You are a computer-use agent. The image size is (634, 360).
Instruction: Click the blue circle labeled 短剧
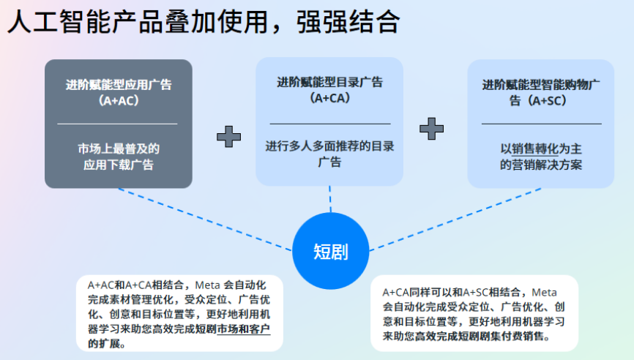click(x=330, y=252)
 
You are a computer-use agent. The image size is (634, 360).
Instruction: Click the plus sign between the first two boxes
click(x=229, y=136)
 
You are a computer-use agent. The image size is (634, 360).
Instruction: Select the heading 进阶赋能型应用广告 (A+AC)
click(x=118, y=92)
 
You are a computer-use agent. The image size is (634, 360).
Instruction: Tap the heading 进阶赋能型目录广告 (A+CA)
click(x=329, y=89)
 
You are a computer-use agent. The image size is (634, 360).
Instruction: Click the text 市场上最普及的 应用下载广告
click(x=118, y=157)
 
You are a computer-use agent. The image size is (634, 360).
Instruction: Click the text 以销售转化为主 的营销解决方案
click(x=541, y=157)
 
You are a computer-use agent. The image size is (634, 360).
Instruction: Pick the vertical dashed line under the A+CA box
click(x=330, y=199)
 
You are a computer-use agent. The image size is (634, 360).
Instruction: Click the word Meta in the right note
click(x=544, y=293)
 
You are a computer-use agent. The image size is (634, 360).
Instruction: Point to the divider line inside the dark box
click(x=118, y=124)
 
